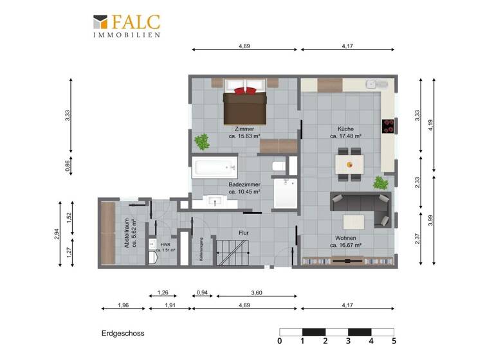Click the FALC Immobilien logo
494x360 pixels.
126,26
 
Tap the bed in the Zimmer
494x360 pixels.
244,106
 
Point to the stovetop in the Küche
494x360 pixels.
388,127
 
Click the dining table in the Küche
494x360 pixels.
351,164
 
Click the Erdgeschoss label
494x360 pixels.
122,334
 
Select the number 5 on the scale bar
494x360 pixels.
394,341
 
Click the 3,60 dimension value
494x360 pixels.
256,294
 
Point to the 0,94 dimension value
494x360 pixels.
201,294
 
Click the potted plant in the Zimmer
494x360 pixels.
203,141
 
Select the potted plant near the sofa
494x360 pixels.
381,183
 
